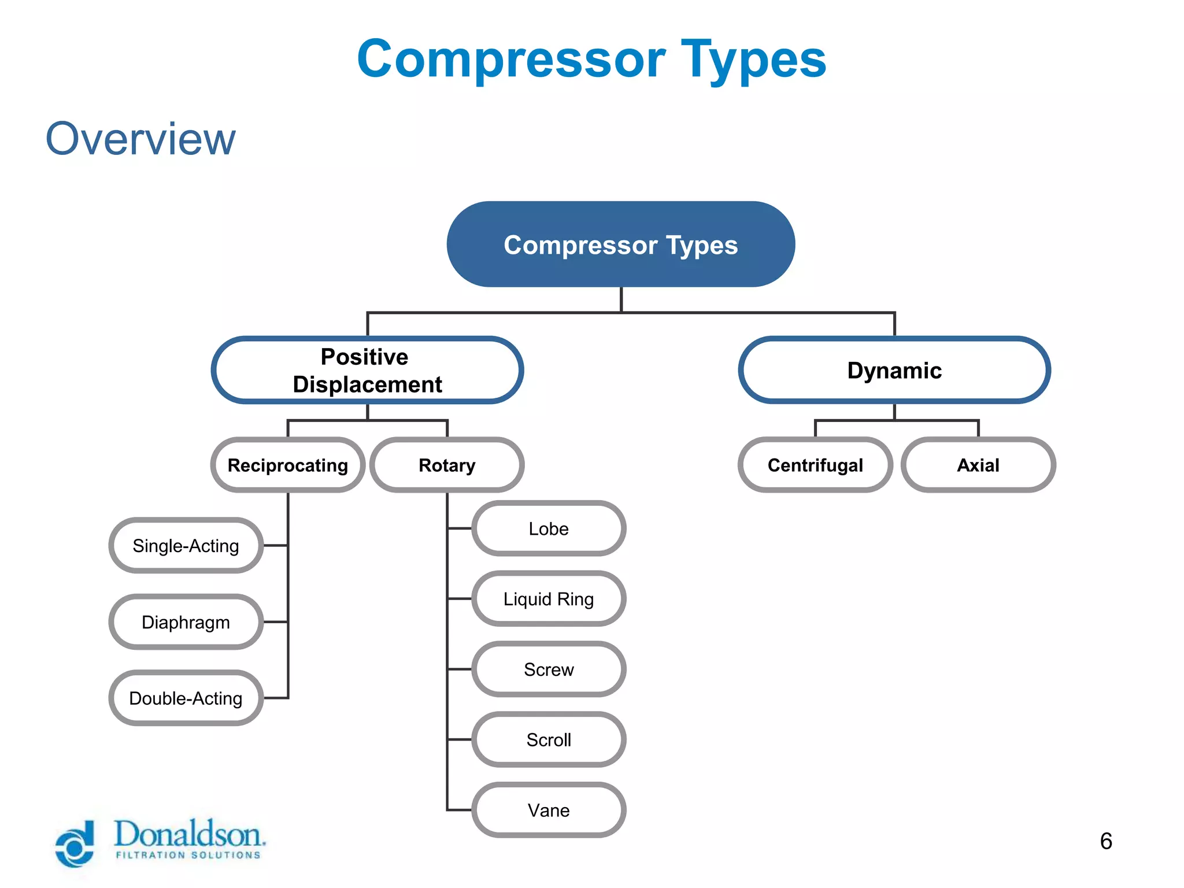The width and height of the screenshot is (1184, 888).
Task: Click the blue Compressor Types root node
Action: point(620,245)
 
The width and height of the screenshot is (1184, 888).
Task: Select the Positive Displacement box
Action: point(367,370)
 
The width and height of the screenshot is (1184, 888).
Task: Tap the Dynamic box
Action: point(894,370)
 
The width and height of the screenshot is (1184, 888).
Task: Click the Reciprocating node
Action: point(287,465)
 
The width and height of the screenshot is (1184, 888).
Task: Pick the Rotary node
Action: point(447,465)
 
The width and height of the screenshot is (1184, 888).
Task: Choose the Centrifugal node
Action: point(815,465)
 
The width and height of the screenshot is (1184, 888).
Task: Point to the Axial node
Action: point(978,465)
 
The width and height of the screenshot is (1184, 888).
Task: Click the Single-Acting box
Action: point(186,545)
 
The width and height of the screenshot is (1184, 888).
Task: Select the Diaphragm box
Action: point(186,622)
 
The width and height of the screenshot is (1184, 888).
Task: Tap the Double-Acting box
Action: point(186,698)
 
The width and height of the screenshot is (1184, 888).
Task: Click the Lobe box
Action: point(548,528)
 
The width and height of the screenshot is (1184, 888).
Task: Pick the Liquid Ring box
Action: point(548,599)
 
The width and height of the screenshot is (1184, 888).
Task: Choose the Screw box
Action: point(548,669)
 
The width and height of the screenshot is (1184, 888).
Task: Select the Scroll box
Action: point(548,740)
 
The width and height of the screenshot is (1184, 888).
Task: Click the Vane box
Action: point(548,810)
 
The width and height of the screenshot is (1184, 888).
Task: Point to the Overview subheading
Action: point(140,139)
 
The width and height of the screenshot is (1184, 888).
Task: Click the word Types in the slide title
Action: point(753,60)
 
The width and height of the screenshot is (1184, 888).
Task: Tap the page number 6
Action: point(1105,841)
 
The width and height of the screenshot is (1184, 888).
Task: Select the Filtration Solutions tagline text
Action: point(188,855)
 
